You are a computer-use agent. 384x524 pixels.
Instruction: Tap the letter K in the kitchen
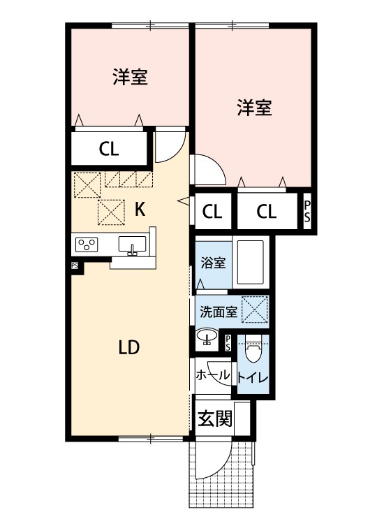click(139, 208)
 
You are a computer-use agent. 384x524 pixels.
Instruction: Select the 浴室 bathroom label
click(213, 263)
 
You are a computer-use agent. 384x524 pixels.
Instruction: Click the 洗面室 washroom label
click(218, 310)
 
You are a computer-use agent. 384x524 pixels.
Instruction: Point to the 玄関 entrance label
click(214, 419)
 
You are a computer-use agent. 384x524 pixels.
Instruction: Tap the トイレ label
click(251, 379)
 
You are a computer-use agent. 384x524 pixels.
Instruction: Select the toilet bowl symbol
click(253, 348)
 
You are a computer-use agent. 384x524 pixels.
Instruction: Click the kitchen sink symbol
click(133, 245)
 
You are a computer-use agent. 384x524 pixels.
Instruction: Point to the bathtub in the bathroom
click(249, 263)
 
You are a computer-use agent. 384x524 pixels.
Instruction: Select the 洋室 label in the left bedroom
click(130, 77)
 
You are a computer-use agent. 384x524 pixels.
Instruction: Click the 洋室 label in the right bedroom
click(254, 108)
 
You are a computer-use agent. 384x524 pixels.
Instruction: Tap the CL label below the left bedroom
click(108, 148)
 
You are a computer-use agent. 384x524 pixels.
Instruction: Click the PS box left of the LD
click(74, 265)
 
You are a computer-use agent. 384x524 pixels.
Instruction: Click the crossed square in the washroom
click(255, 310)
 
